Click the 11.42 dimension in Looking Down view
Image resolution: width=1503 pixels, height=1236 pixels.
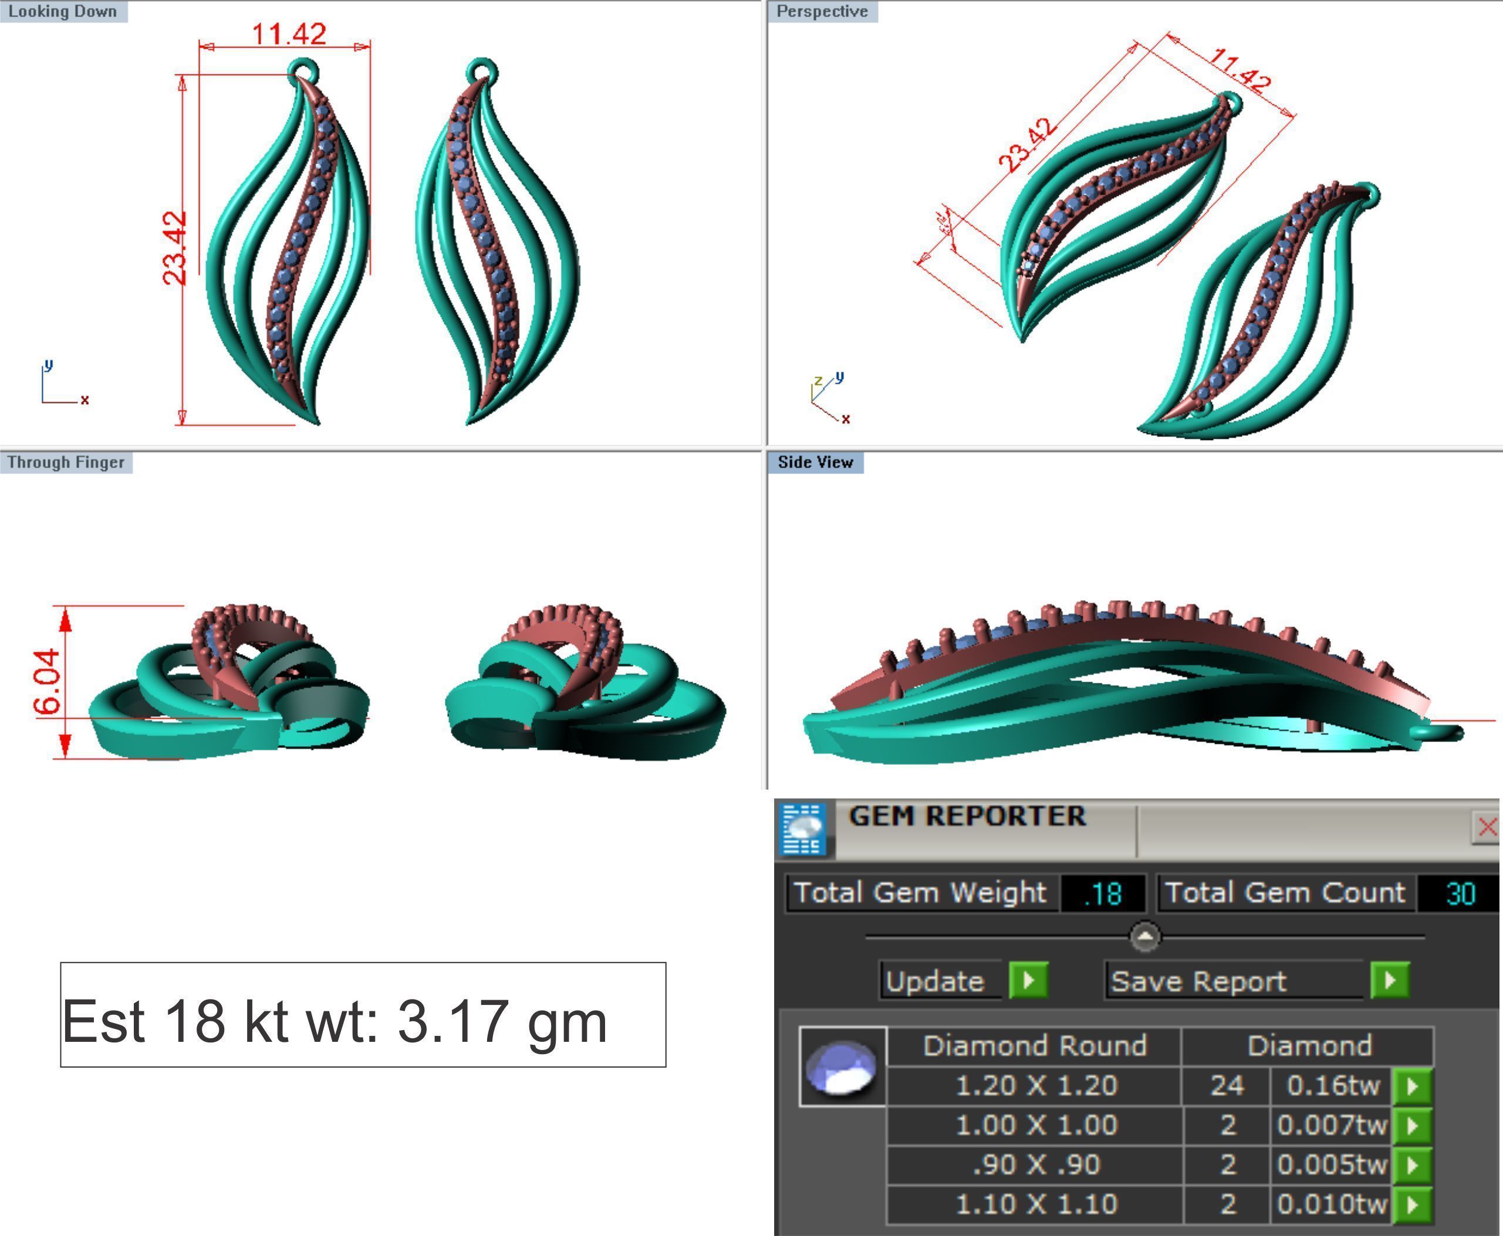click(x=289, y=33)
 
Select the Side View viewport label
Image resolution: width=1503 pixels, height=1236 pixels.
click(x=815, y=462)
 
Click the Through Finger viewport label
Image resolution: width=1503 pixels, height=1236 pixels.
click(x=66, y=462)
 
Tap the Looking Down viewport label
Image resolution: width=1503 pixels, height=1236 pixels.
click(x=63, y=11)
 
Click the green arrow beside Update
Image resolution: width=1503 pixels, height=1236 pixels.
click(x=1028, y=980)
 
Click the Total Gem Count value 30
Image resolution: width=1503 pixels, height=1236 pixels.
click(x=1460, y=893)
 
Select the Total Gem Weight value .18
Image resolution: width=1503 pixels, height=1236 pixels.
click(x=1103, y=893)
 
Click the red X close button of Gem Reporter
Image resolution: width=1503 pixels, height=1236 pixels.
click(x=1487, y=827)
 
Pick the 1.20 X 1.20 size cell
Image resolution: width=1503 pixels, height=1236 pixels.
click(x=1036, y=1086)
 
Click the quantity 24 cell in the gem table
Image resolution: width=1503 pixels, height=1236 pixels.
click(x=1227, y=1086)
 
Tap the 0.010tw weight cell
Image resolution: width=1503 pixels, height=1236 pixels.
click(x=1331, y=1204)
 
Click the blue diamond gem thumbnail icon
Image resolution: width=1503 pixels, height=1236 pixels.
click(x=842, y=1066)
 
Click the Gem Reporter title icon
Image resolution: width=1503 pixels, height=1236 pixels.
click(x=803, y=828)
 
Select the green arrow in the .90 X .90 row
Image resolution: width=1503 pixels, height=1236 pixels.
click(x=1412, y=1165)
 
